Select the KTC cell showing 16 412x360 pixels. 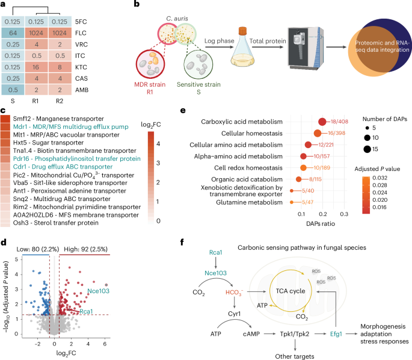(x=47, y=77)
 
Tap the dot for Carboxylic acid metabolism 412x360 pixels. (x=323, y=122)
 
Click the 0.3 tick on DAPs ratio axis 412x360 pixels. (x=345, y=214)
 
